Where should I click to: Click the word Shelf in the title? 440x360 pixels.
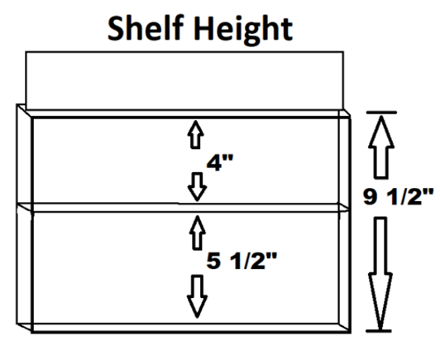146,28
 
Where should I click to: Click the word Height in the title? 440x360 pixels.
243,31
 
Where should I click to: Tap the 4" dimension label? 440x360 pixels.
220,162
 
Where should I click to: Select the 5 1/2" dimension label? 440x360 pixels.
242,261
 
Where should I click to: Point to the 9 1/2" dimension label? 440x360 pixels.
398,196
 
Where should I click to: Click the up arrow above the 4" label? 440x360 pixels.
195,135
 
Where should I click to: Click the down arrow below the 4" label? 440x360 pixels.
198,187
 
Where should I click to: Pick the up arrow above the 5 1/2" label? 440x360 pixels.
198,233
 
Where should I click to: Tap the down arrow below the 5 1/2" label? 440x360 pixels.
198,296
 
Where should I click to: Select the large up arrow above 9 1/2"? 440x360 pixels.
381,147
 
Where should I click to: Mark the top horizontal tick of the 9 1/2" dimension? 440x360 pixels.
381,113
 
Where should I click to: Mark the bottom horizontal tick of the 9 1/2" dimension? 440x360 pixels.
379,331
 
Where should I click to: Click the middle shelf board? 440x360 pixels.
184,207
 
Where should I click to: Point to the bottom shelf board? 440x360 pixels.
184,328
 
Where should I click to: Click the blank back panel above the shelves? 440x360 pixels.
184,80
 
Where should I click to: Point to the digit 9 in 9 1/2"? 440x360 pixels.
370,196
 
